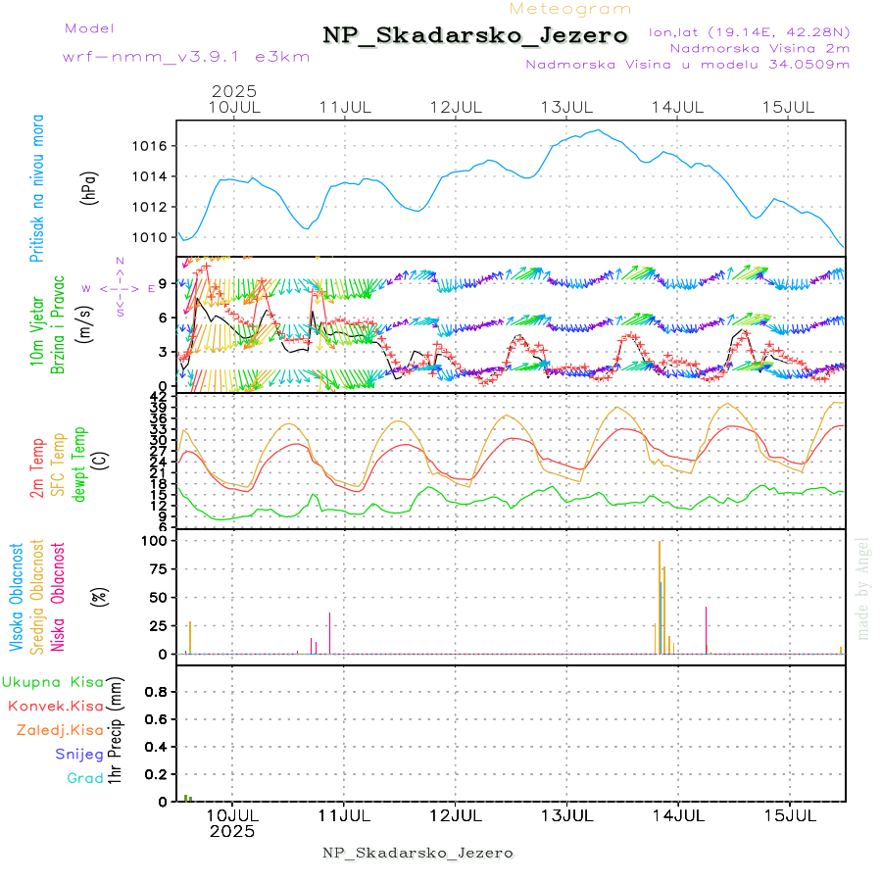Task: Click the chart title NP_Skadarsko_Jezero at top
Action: (x=475, y=35)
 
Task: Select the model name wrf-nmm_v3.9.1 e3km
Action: (x=186, y=56)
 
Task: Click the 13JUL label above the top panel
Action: (x=568, y=107)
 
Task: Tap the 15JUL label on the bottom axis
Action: (x=790, y=814)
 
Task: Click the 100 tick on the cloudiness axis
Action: (x=156, y=541)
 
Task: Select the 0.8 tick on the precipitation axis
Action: (x=156, y=691)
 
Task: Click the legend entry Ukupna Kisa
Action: (x=52, y=681)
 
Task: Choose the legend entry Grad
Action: (x=85, y=778)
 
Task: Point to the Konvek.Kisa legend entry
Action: (x=55, y=706)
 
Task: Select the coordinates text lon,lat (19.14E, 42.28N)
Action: (x=749, y=31)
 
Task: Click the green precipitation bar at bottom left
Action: (x=185, y=798)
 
